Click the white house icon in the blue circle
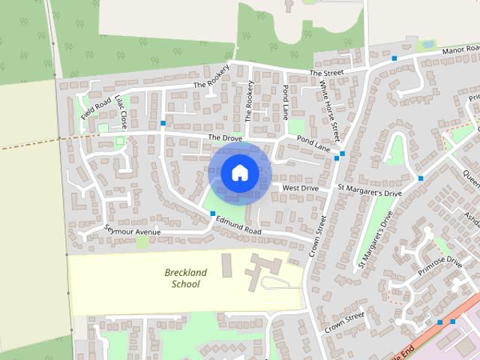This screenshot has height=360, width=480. (x=239, y=172)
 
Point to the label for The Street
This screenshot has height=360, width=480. (x=326, y=73)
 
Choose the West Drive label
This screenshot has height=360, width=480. (x=300, y=187)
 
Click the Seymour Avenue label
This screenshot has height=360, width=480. (x=133, y=231)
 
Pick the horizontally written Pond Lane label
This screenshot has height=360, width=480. (x=313, y=140)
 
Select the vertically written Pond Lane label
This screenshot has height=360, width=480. (x=285, y=103)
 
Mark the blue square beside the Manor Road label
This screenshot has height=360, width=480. (x=394, y=58)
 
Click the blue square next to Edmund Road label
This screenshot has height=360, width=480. (x=213, y=214)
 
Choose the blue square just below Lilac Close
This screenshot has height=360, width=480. (x=163, y=124)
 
